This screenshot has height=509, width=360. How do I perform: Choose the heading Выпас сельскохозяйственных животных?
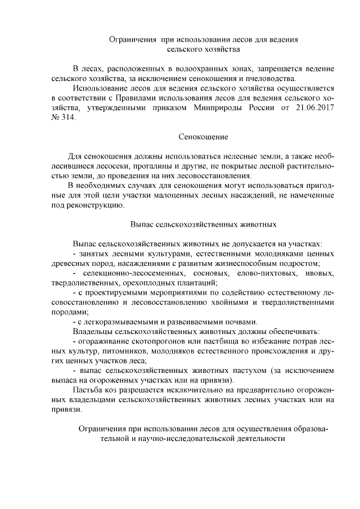click(203, 224)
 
